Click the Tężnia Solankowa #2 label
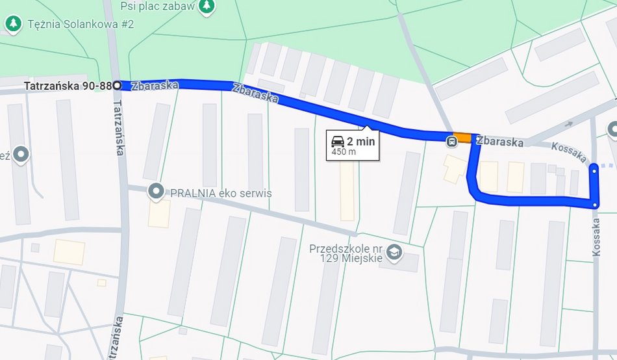[x=81, y=24]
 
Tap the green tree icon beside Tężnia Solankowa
[x=12, y=24]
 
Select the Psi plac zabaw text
[x=158, y=6]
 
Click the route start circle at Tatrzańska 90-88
[x=117, y=85]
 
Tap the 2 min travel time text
[x=361, y=141]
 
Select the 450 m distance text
[x=344, y=152]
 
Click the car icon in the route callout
[x=338, y=141]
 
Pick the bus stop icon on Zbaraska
[x=451, y=141]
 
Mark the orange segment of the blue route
[x=462, y=138]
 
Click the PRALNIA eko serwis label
[x=221, y=192]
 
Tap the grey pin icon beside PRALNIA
[x=156, y=192]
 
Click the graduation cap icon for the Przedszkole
[x=394, y=251]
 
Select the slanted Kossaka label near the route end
[x=569, y=153]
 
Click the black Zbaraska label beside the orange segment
[x=501, y=142]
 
